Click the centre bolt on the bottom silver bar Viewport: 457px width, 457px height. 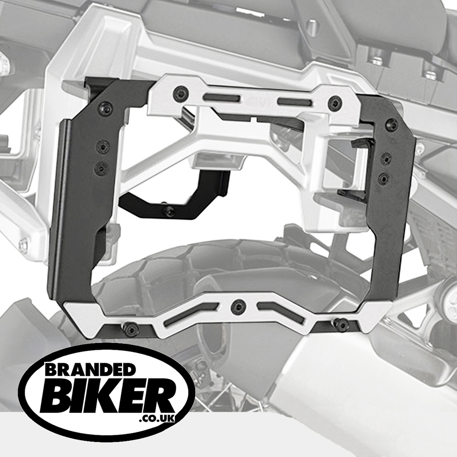pyautogui.click(x=237, y=304)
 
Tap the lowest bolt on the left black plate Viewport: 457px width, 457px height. pyautogui.click(x=101, y=168)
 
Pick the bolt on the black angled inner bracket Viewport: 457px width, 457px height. pyautogui.click(x=168, y=210)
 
